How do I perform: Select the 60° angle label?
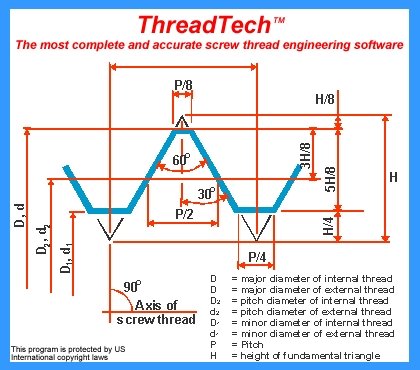coord(181,160)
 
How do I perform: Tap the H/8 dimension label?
coord(325,100)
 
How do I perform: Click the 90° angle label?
coord(132,287)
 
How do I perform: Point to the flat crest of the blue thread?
coord(183,131)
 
